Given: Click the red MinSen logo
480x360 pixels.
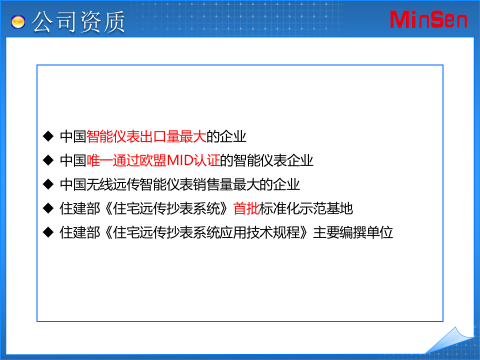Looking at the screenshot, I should tap(428, 19).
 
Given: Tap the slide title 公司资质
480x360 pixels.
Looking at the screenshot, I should tap(78, 22).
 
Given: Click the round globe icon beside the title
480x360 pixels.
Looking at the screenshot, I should tap(19, 22).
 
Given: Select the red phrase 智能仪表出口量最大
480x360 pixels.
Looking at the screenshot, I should tap(146, 136).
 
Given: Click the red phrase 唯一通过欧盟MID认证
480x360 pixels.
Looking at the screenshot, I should tap(153, 160).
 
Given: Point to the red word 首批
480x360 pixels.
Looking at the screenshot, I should tap(246, 208).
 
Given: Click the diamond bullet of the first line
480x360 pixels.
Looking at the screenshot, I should tap(48, 135).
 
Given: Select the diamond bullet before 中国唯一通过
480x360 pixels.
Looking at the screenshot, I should tap(48, 160).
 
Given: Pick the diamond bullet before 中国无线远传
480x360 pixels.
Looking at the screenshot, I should tap(48, 184).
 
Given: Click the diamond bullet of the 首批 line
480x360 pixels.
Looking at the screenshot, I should tap(48, 208).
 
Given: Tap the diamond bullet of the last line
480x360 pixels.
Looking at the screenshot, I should tap(48, 232).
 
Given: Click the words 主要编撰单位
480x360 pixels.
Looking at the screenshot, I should tap(353, 232).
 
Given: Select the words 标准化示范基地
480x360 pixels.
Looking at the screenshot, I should tap(306, 208).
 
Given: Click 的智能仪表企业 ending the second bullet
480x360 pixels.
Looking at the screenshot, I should tap(267, 160).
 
